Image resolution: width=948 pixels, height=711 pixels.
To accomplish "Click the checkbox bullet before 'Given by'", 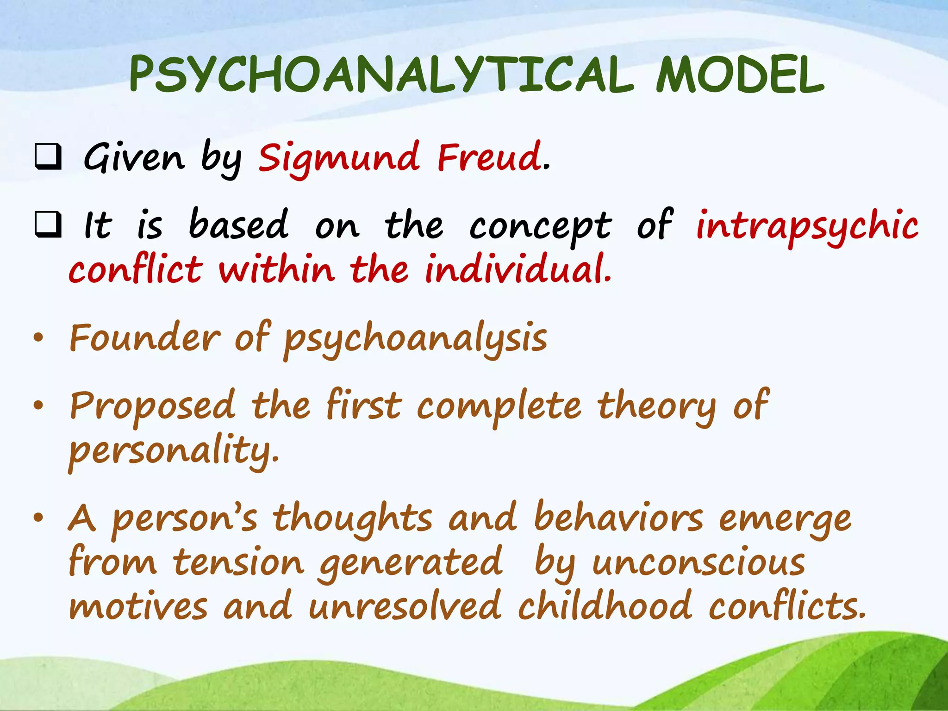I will coord(48,157).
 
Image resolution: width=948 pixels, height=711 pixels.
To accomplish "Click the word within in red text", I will coord(276,269).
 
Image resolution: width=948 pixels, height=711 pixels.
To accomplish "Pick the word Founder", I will coord(145,338).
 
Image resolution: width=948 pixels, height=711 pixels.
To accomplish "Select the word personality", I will coord(174,451).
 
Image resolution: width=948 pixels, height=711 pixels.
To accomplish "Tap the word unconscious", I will coord(699,563).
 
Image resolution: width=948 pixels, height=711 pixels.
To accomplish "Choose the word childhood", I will coord(605,606).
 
